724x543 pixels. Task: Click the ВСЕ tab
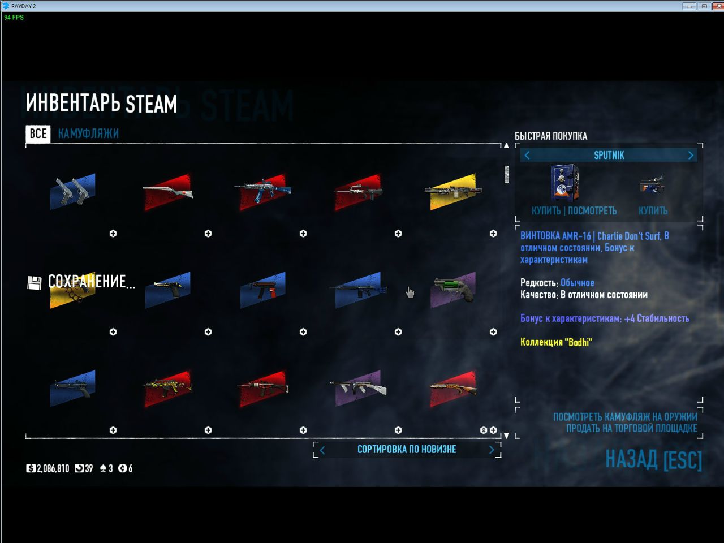point(38,133)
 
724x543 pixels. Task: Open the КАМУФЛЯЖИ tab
point(88,133)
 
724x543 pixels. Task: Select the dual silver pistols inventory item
point(72,191)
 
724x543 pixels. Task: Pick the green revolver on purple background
point(453,290)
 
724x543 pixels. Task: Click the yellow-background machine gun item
point(453,191)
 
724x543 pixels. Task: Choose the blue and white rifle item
point(263,191)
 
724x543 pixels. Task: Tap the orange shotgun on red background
point(453,388)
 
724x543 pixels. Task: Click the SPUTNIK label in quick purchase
point(609,156)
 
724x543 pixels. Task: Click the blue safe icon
point(564,183)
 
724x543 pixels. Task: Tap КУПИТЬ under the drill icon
point(653,210)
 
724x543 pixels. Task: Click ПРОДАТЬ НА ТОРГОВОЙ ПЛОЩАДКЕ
point(632,428)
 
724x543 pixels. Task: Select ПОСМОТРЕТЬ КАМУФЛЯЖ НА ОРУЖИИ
point(625,417)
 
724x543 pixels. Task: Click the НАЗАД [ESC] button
point(654,459)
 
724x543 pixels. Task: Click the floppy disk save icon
point(35,283)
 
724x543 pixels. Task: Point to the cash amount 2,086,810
point(53,468)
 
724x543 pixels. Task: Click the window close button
point(718,6)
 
